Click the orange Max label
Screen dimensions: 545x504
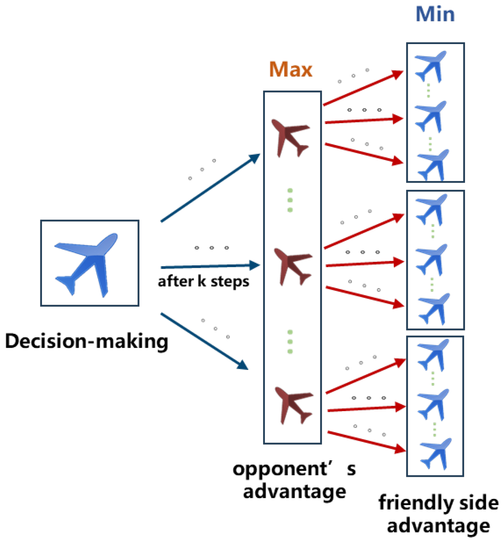[291, 69]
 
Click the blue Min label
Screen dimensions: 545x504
[435, 15]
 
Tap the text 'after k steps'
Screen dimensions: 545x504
[204, 282]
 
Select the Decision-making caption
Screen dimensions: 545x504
[87, 341]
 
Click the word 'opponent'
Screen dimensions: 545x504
[280, 469]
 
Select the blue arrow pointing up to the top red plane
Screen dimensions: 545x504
[210, 188]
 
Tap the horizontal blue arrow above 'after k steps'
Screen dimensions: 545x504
[210, 266]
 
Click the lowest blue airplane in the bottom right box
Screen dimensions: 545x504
[436, 453]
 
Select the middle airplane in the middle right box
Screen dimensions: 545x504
[432, 259]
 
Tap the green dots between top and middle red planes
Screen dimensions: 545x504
[290, 200]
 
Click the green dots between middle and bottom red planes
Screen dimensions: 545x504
[290, 342]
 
